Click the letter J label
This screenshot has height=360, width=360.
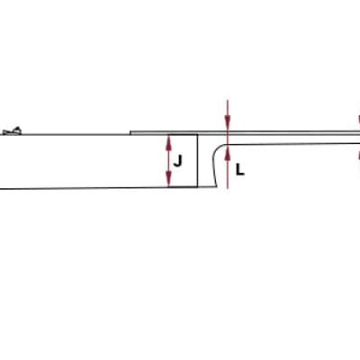point(177,161)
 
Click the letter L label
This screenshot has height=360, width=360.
point(240,170)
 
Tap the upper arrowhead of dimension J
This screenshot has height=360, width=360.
point(169,141)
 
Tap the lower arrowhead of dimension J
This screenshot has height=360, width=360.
point(169,180)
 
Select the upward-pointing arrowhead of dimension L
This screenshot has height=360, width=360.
point(228,152)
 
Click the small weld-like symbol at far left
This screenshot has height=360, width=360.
point(12,131)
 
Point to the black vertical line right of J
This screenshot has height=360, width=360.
point(197,161)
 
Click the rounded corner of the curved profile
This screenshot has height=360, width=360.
point(219,148)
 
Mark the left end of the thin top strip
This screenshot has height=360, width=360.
point(130,133)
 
